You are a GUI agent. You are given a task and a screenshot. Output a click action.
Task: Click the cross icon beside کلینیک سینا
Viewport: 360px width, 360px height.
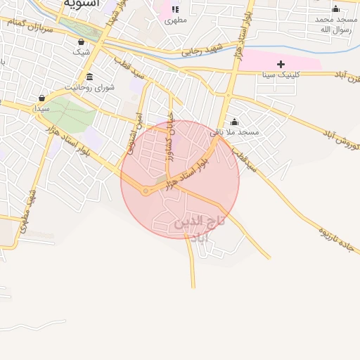coord(281,64)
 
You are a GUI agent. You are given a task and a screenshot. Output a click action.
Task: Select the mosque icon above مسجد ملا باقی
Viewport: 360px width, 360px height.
coord(235,122)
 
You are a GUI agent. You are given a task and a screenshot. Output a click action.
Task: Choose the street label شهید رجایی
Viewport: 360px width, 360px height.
coord(202,51)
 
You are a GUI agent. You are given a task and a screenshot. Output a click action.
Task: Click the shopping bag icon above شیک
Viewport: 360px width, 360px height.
coord(82,41)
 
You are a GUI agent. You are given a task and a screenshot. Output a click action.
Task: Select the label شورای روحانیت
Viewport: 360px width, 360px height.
coord(89,87)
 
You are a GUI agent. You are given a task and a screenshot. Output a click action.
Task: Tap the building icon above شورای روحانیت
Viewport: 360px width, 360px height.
coord(89,77)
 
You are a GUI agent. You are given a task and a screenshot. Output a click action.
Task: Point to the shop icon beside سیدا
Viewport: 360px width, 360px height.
coord(42,98)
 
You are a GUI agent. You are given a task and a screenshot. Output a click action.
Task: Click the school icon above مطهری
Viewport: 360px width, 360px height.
coord(174,10)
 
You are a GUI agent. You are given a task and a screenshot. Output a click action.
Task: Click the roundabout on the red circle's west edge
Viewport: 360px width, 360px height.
coord(146,191)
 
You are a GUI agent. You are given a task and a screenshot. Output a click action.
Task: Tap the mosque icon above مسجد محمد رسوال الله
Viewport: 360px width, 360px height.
coord(335,9)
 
